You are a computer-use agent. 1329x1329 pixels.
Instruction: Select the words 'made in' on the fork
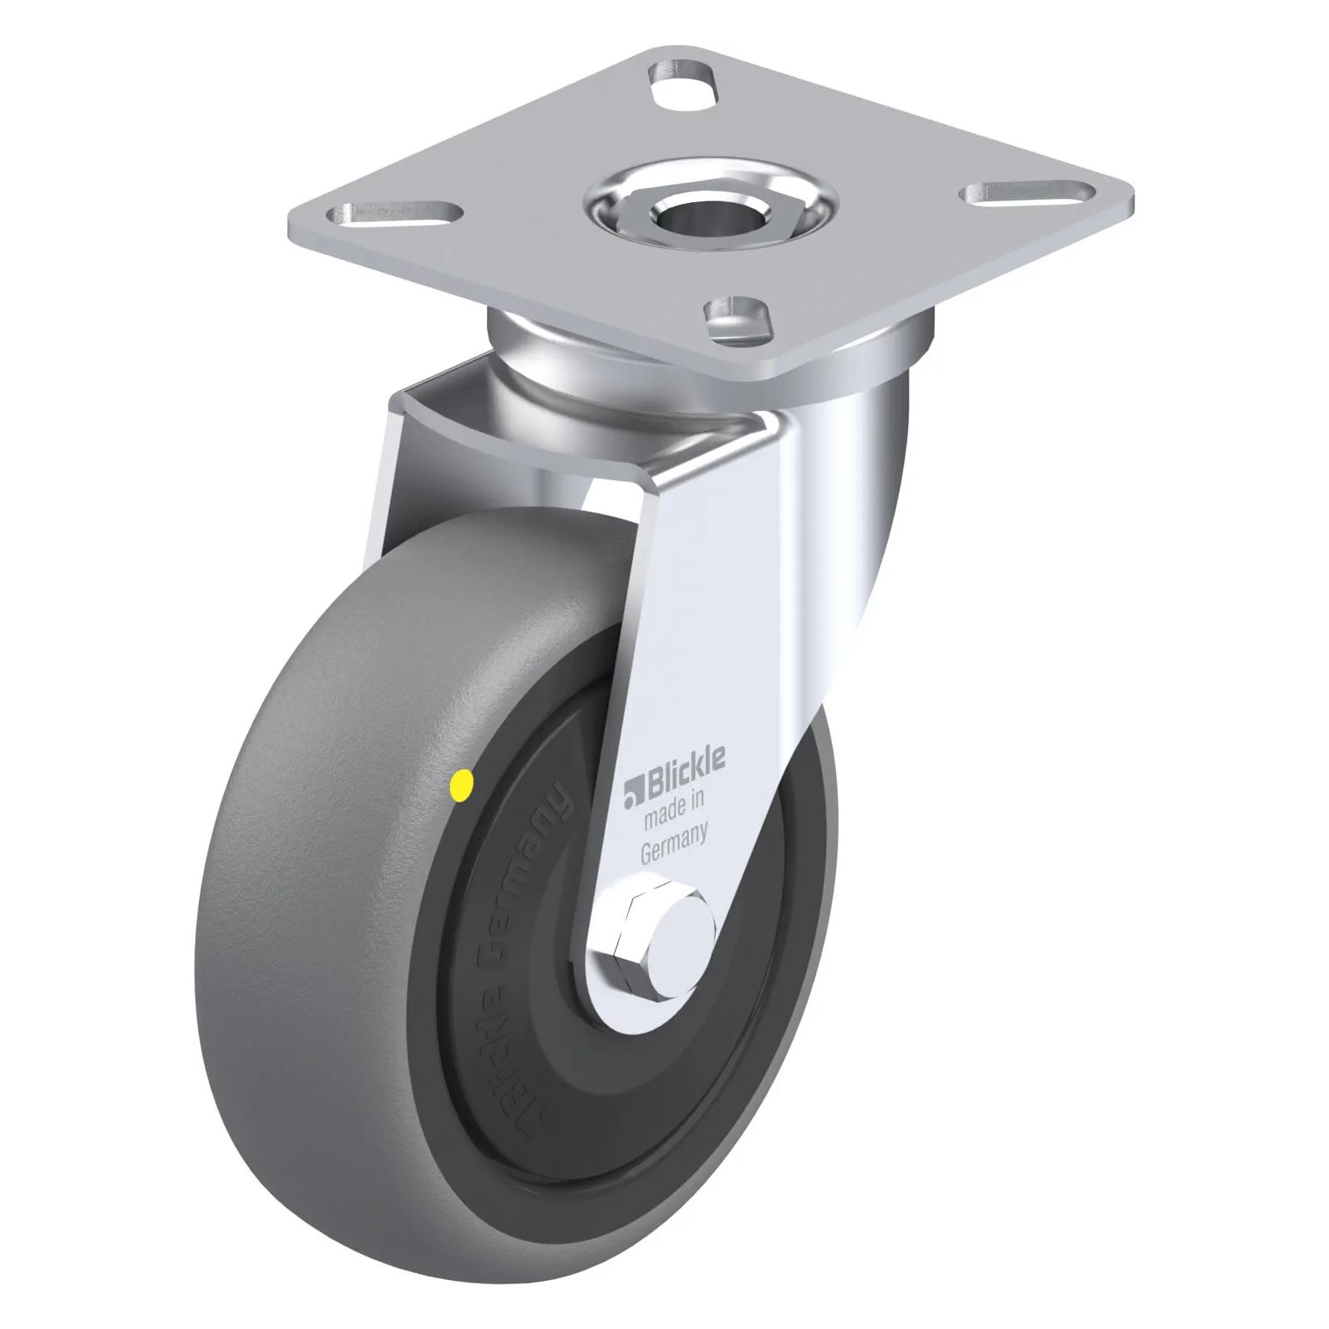(x=674, y=811)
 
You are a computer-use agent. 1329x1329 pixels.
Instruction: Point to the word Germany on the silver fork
(x=674, y=844)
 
